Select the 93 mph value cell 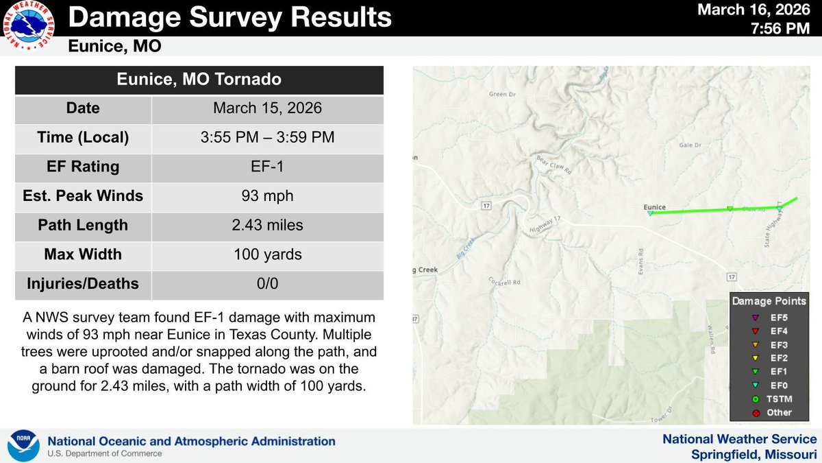point(267,196)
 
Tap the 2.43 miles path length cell point(267,225)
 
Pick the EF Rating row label point(83,167)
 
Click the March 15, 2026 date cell point(267,108)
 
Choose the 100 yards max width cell point(267,254)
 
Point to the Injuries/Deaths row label point(83,283)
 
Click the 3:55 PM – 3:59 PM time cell point(267,137)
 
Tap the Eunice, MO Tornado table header point(199,80)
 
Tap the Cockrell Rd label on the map point(506,281)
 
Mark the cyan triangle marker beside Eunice point(650,213)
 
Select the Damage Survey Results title point(231,17)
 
